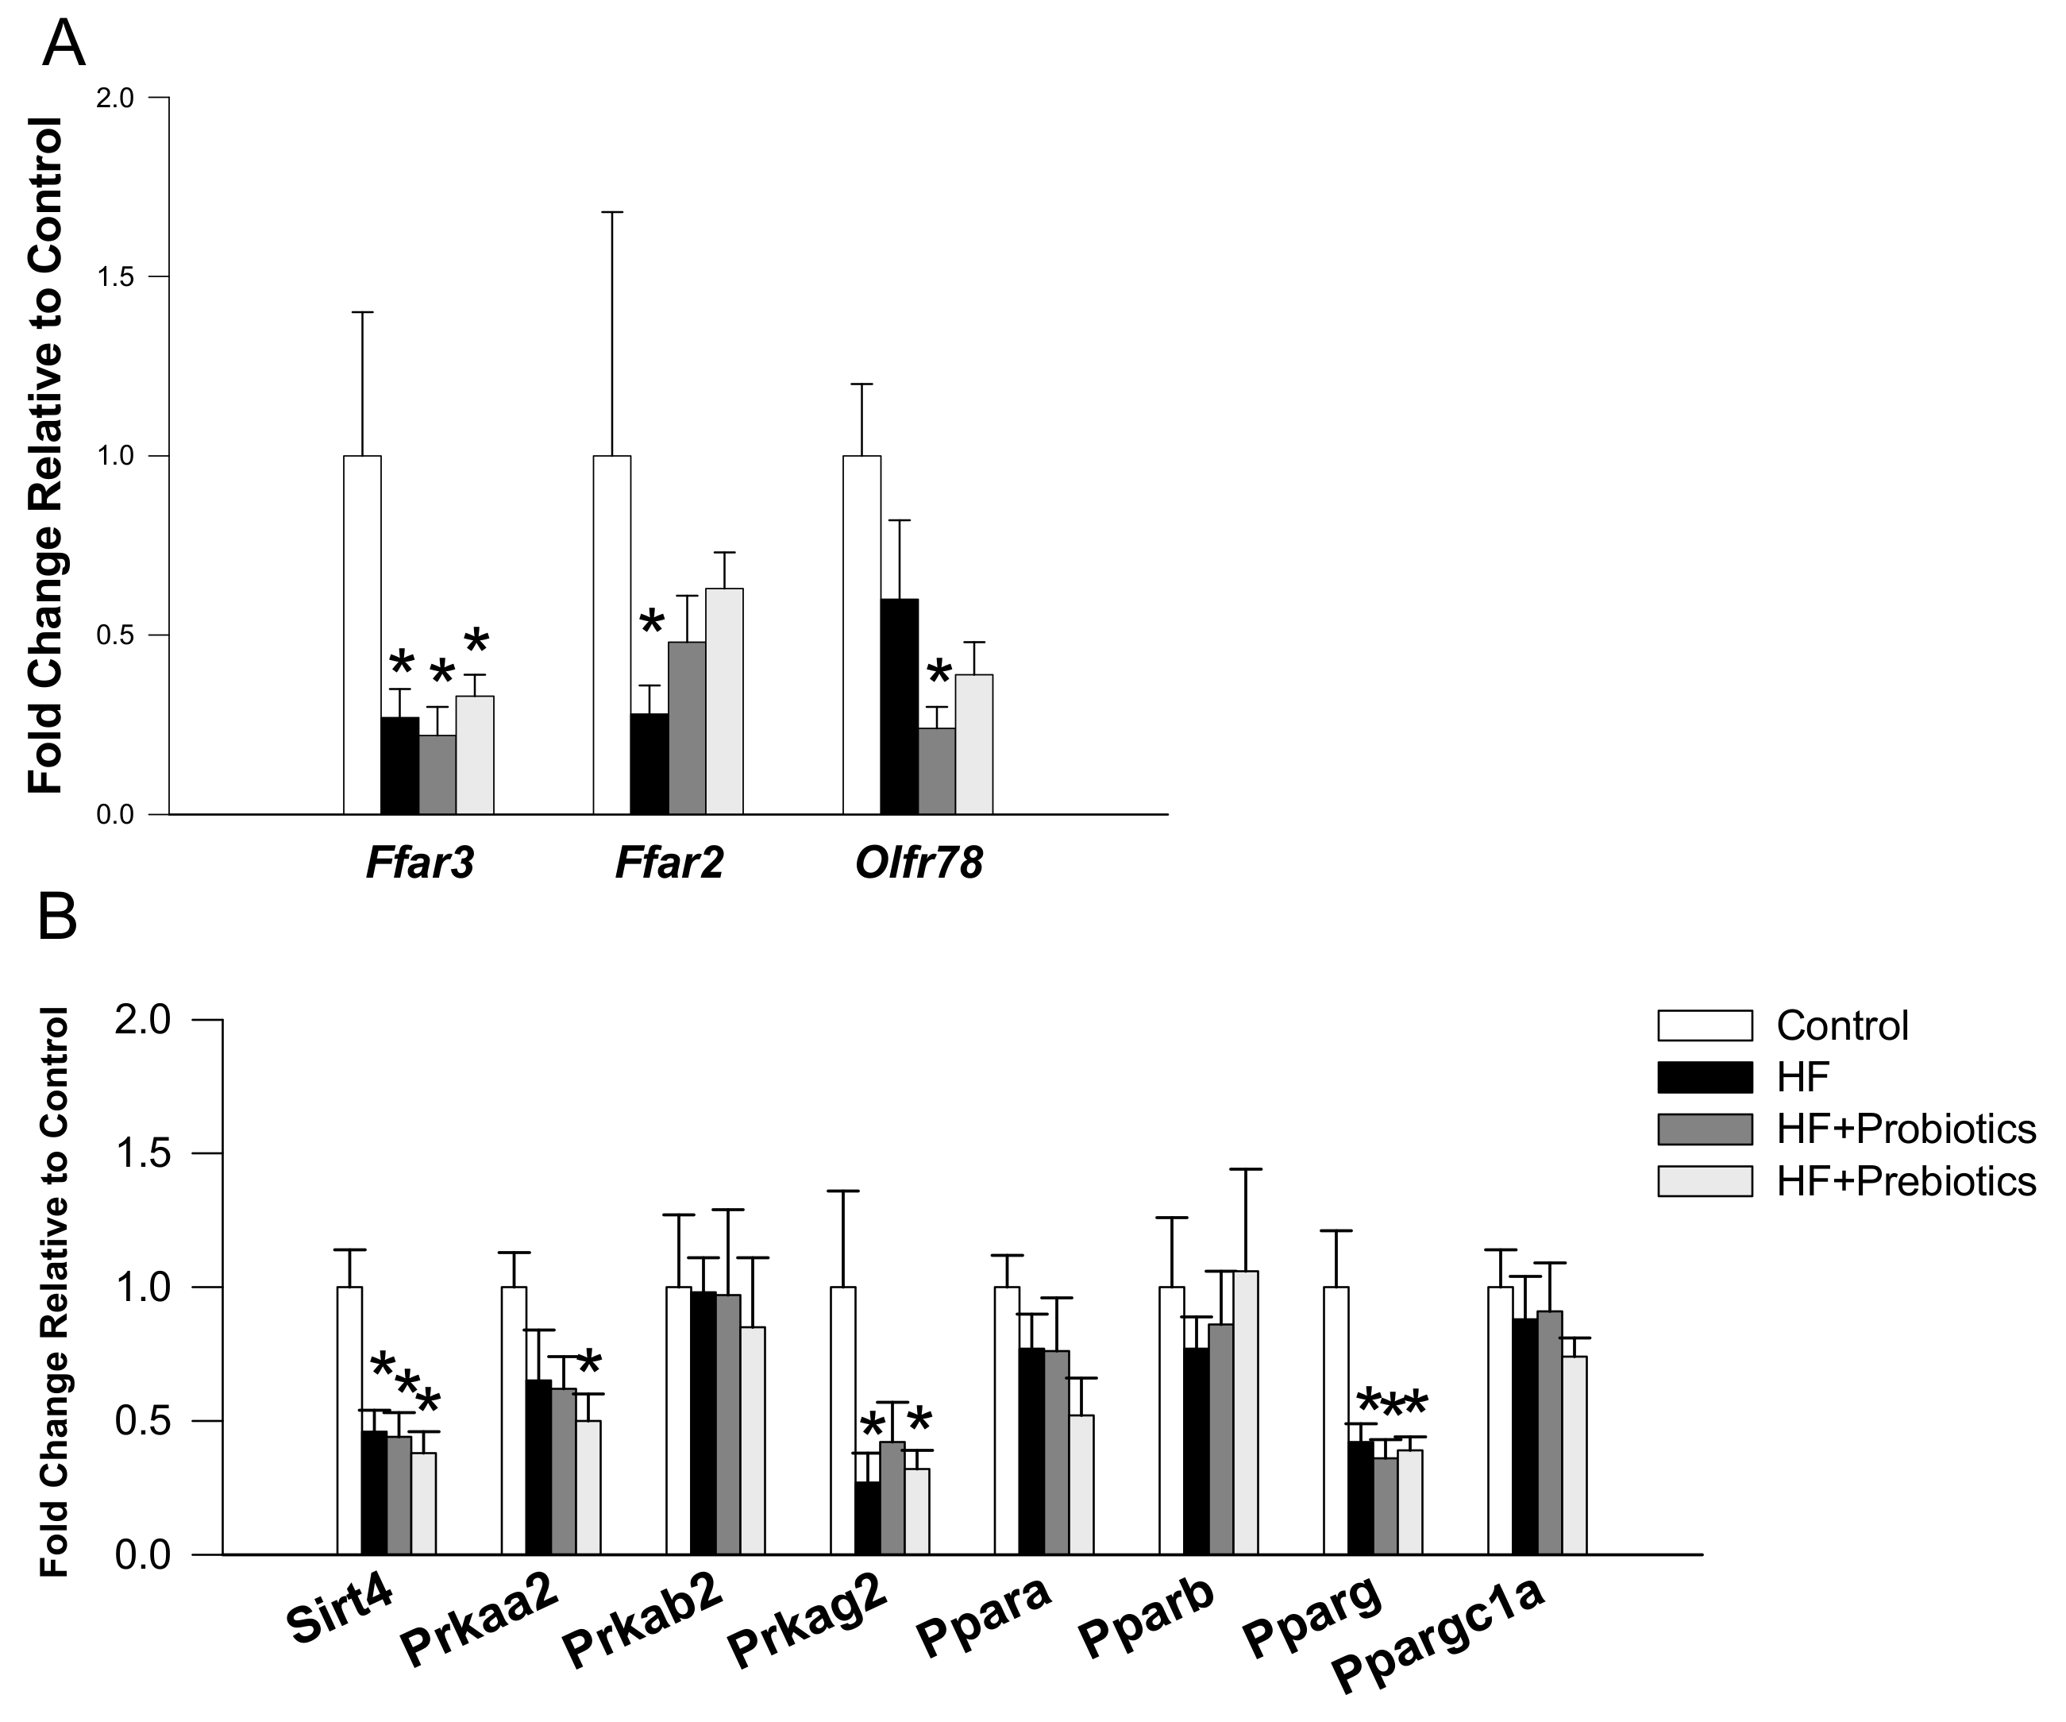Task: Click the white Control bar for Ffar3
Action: coord(362,635)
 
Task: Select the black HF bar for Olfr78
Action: coord(899,706)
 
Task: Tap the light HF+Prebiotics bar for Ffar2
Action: coord(724,701)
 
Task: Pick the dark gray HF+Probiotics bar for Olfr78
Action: coord(937,770)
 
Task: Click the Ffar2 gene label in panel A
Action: coord(669,863)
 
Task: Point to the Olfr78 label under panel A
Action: coord(919,863)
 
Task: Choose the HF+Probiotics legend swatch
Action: coord(1705,1129)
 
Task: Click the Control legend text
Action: coord(1841,1026)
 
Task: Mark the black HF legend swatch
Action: coord(1705,1078)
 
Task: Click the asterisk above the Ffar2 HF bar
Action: coord(651,622)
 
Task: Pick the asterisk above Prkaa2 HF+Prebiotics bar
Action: coord(588,1364)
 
